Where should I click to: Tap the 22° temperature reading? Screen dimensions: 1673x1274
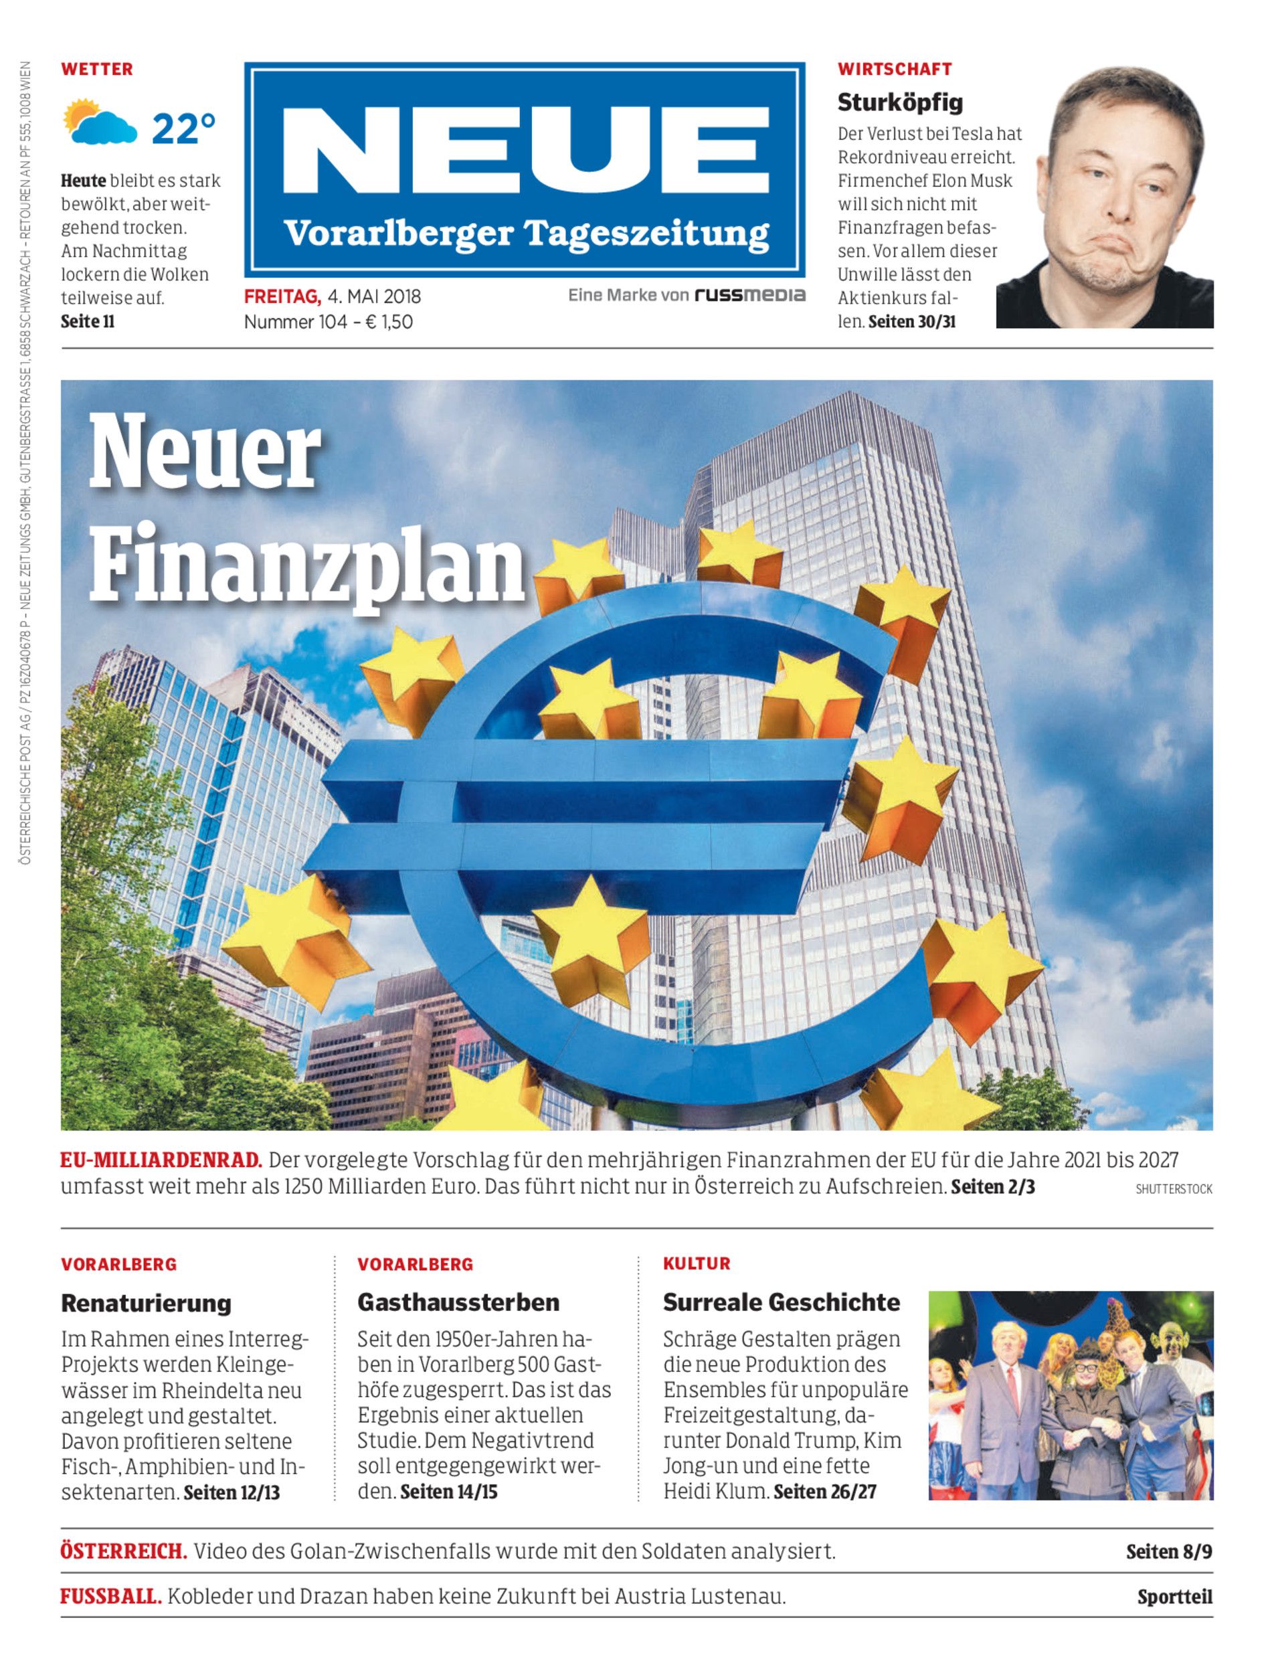coord(183,129)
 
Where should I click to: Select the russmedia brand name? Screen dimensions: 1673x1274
coord(749,295)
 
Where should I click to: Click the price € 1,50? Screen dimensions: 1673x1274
coord(389,322)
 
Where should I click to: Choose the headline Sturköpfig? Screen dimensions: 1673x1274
coord(900,102)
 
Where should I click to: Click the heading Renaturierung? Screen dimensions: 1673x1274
coord(146,1303)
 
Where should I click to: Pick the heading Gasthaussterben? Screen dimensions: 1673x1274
coord(458,1302)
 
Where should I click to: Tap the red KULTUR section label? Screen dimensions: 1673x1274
coord(696,1263)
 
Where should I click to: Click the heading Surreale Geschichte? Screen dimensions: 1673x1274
coord(781,1302)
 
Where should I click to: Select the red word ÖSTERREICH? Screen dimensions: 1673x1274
coord(124,1551)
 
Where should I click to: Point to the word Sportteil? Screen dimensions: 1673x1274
coord(1174,1597)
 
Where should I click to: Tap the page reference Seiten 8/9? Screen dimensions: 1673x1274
coord(1168,1552)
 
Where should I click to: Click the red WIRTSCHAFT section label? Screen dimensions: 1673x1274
coord(894,69)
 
